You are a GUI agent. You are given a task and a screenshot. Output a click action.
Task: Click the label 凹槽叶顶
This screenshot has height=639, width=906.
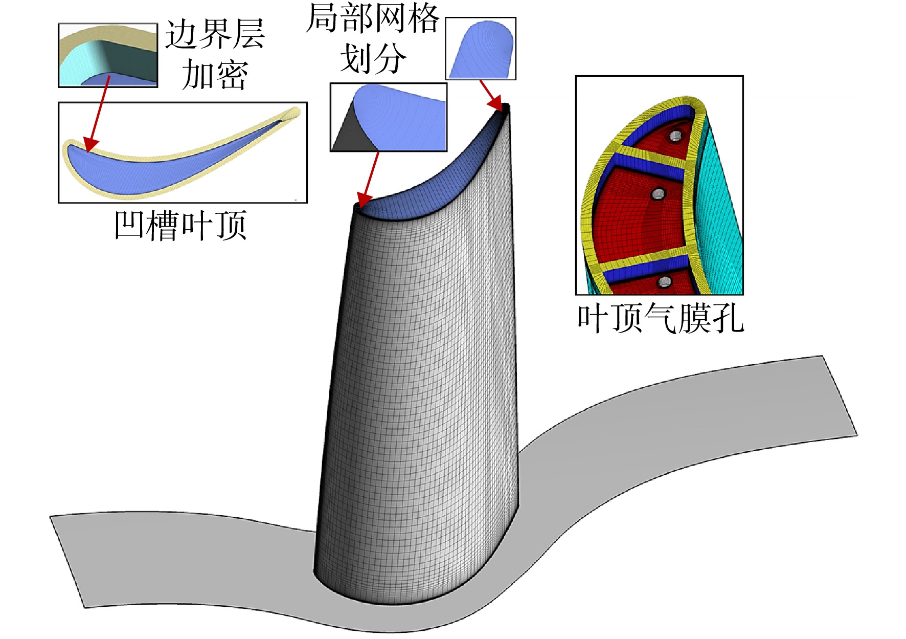[x=180, y=225]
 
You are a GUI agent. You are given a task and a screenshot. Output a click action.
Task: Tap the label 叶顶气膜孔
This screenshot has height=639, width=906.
[x=660, y=318]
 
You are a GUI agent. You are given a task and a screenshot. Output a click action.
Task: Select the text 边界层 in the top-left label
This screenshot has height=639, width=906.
[x=215, y=35]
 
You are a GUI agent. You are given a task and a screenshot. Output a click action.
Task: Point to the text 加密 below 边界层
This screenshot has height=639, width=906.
[x=215, y=74]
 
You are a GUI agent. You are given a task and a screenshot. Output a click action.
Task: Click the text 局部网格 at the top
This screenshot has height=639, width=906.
[x=373, y=18]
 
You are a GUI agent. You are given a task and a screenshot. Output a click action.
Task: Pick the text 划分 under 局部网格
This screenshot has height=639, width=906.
[x=373, y=58]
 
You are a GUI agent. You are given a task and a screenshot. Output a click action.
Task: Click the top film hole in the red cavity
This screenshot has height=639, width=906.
[x=675, y=136]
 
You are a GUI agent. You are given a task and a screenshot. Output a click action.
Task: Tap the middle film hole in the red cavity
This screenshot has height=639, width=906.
[x=658, y=194]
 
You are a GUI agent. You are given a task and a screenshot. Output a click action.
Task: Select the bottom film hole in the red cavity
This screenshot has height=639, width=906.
[x=664, y=282]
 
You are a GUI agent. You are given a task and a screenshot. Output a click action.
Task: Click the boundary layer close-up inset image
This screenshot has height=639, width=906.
[x=108, y=55]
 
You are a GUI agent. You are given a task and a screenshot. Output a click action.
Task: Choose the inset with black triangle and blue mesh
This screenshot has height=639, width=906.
[x=389, y=117]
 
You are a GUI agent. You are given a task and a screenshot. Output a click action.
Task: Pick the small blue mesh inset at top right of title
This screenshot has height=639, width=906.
[x=481, y=49]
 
